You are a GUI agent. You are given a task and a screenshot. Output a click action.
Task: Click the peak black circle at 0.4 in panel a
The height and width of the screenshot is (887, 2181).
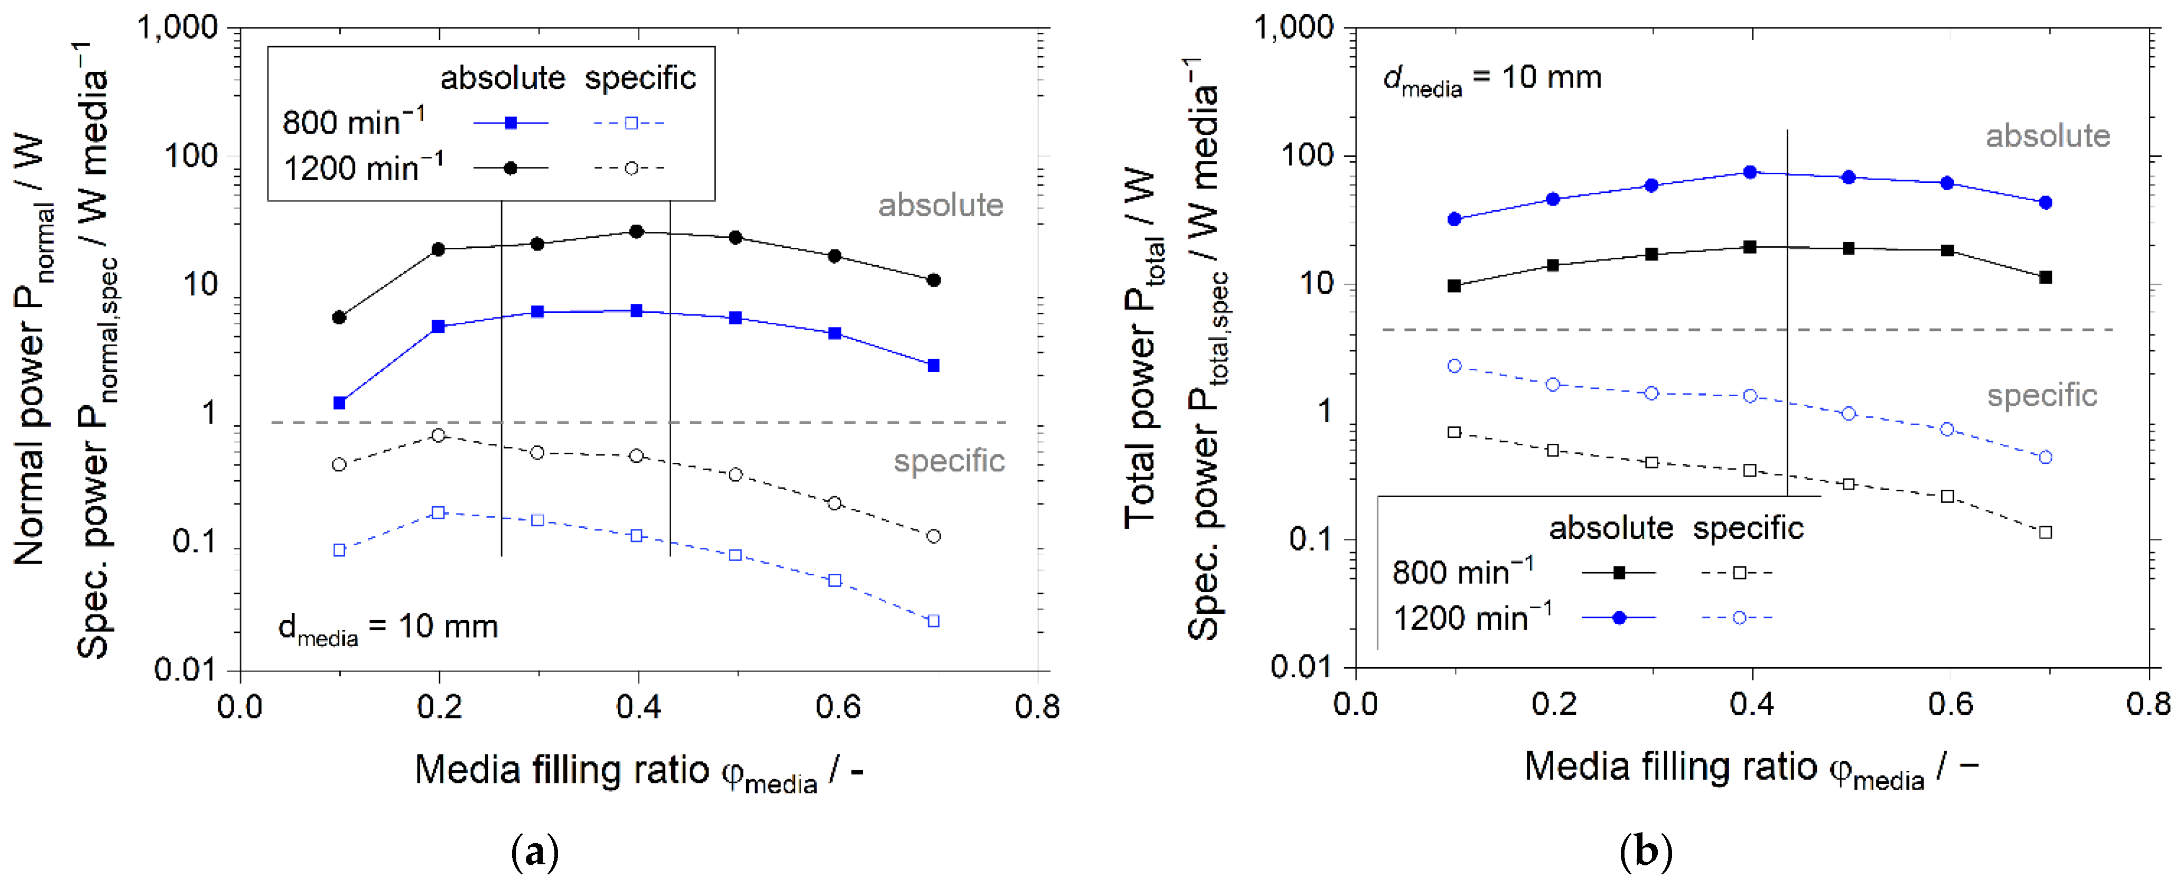637,231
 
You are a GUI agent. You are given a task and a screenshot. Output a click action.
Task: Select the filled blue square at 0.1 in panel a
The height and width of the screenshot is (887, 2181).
339,403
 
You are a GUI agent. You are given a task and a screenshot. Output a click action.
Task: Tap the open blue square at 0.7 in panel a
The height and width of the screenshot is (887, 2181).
933,621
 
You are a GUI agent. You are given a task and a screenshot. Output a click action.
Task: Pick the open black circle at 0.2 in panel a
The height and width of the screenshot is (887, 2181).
438,435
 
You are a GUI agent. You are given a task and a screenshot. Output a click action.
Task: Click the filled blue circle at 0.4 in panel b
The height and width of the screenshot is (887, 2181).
1750,172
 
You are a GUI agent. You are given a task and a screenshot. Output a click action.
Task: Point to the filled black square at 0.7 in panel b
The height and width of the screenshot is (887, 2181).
2046,277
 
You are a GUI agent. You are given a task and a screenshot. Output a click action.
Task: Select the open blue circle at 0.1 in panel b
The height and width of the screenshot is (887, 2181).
1454,366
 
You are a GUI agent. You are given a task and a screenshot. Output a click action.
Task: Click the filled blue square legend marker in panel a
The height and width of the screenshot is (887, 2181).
511,123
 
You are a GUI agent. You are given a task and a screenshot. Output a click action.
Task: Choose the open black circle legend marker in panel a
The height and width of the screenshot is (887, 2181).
631,169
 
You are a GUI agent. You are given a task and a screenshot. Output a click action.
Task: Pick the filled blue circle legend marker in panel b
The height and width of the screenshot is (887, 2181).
1619,618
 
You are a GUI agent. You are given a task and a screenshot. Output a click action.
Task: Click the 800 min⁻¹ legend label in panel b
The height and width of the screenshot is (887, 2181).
1462,572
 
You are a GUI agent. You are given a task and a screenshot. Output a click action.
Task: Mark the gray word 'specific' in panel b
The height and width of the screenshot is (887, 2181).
2041,395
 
